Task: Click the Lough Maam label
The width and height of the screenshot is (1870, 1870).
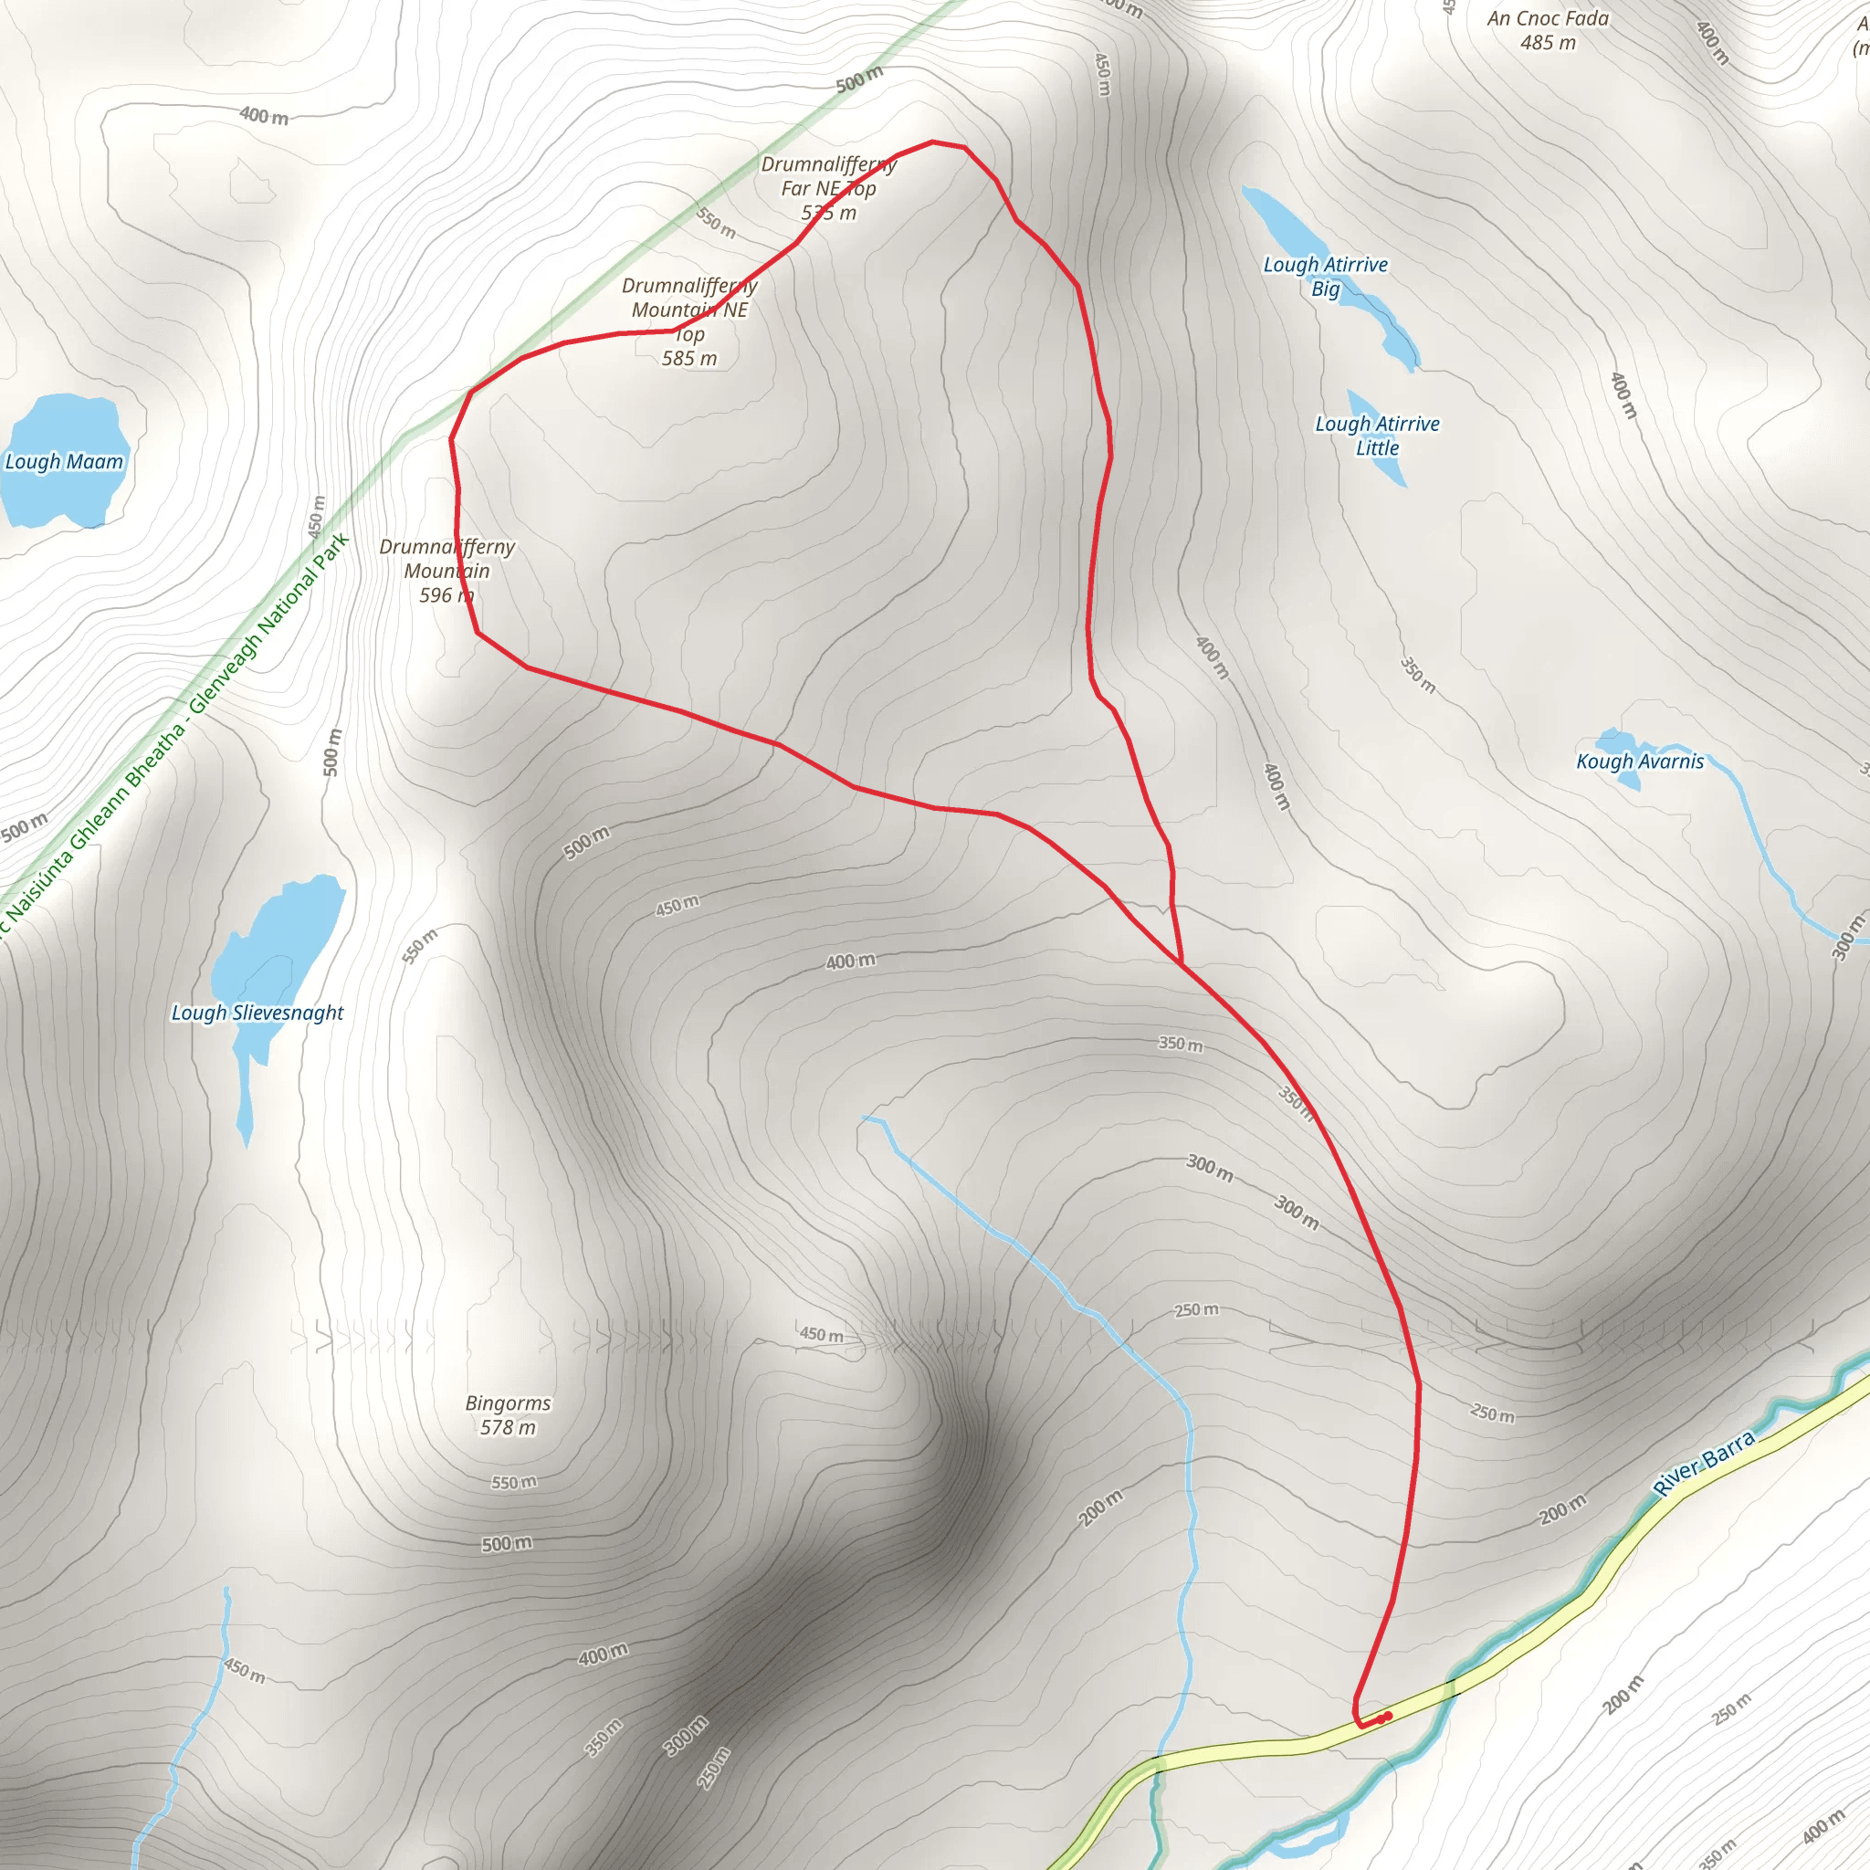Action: (x=64, y=462)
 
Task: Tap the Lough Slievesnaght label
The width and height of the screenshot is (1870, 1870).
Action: (x=257, y=1013)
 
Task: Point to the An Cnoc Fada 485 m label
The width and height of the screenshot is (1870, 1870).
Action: (x=1548, y=30)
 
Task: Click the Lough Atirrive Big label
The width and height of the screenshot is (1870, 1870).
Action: (x=1325, y=276)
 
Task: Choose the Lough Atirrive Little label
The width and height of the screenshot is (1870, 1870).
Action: (x=1376, y=436)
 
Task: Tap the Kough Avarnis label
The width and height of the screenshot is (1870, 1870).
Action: (x=1640, y=762)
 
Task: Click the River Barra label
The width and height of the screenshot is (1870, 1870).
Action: (x=1704, y=1463)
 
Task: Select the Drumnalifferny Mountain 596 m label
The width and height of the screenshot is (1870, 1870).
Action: (x=446, y=570)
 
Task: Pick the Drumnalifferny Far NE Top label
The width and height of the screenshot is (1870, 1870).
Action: (x=828, y=188)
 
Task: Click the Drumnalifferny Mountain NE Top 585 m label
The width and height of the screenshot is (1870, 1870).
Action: (x=689, y=321)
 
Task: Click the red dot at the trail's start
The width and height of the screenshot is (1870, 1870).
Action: (x=1388, y=1716)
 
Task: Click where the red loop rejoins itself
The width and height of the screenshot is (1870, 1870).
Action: (x=1182, y=963)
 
